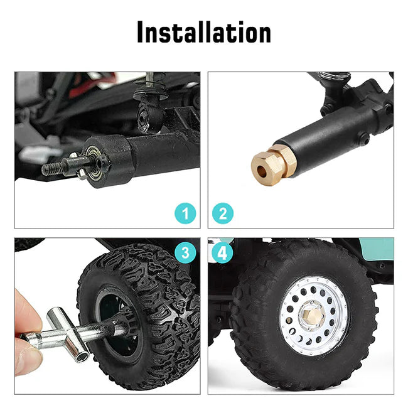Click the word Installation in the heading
tap(204, 32)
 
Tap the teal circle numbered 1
tap(185, 213)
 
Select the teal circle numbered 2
tap(223, 213)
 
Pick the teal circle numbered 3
tap(185, 252)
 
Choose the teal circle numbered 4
tap(222, 252)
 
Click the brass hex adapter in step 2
tap(274, 164)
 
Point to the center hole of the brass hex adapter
tap(260, 171)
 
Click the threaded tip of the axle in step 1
tap(52, 169)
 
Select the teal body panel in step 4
tap(376, 249)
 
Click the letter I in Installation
tap(141, 32)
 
